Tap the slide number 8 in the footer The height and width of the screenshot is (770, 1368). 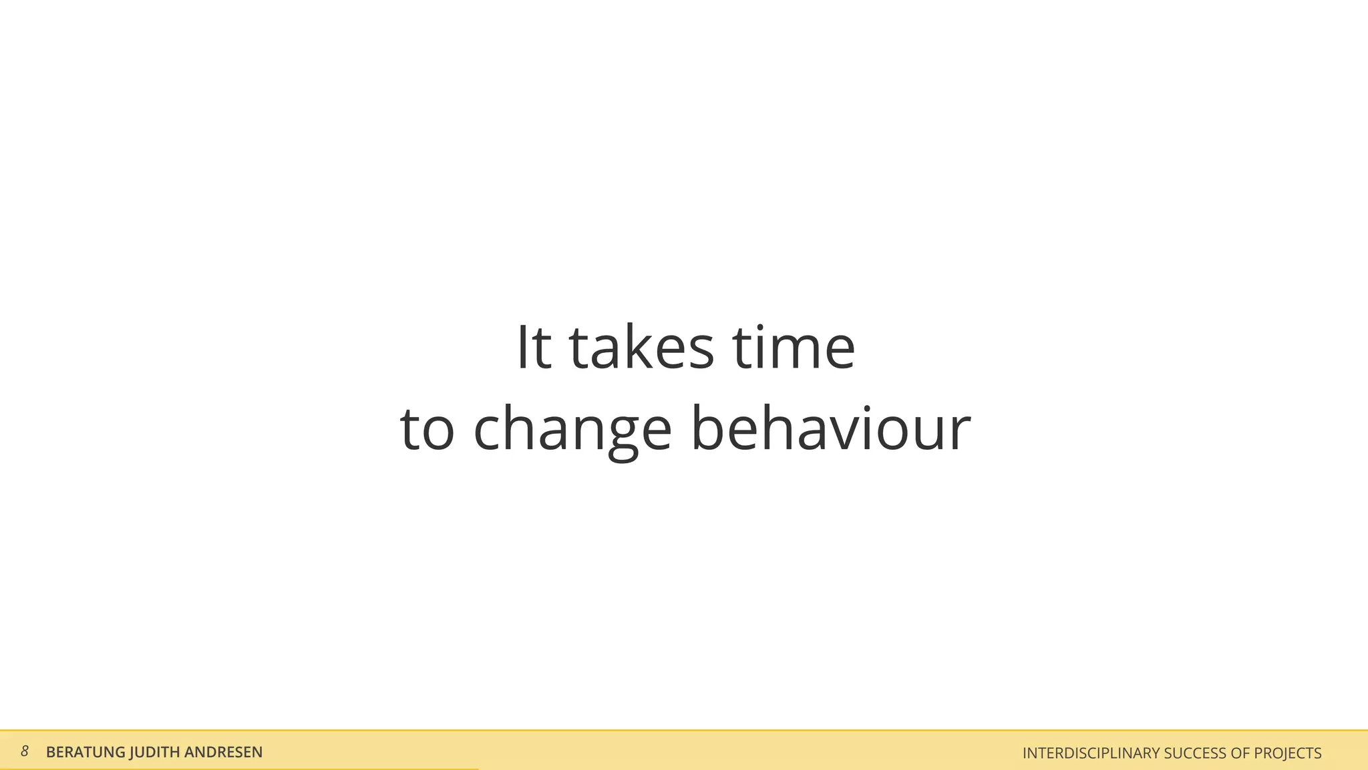click(x=25, y=751)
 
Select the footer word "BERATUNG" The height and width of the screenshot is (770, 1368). click(x=85, y=752)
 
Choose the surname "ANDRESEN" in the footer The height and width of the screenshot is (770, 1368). click(x=223, y=752)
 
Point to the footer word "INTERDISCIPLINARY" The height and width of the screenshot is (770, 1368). click(x=1091, y=753)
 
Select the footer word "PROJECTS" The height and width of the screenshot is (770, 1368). click(x=1288, y=753)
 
